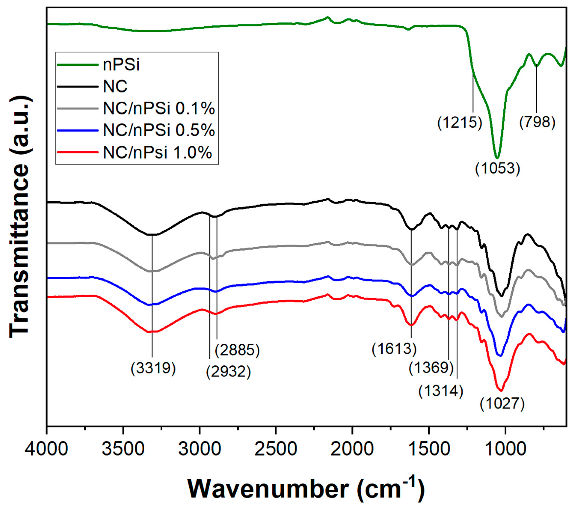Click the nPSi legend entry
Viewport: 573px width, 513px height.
pyautogui.click(x=121, y=65)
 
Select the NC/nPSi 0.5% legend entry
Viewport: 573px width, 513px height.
pyautogui.click(x=159, y=130)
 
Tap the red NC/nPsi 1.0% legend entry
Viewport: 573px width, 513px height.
pyautogui.click(x=157, y=153)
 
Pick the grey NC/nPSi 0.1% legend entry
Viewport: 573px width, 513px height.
pyautogui.click(x=159, y=108)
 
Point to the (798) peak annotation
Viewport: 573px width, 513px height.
pyautogui.click(x=537, y=122)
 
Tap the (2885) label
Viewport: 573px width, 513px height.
pyautogui.click(x=237, y=350)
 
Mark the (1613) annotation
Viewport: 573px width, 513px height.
pyautogui.click(x=394, y=349)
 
